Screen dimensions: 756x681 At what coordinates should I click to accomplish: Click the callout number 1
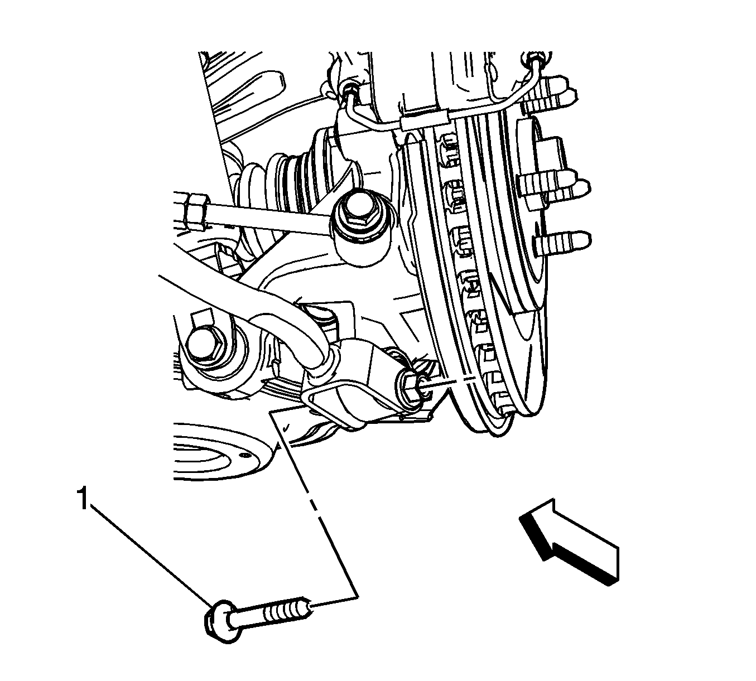pyautogui.click(x=83, y=499)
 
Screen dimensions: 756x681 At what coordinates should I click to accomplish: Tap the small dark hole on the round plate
pyautogui.click(x=245, y=456)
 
